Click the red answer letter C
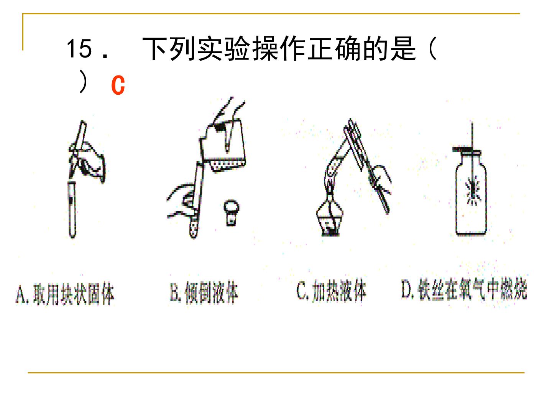pyautogui.click(x=118, y=85)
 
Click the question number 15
pyautogui.click(x=79, y=49)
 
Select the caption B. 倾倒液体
pyautogui.click(x=204, y=292)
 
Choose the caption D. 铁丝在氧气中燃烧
pyautogui.click(x=464, y=289)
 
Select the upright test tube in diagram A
pyautogui.click(x=72, y=210)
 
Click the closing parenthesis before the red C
pyautogui.click(x=83, y=82)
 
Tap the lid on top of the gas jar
pyautogui.click(x=467, y=150)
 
